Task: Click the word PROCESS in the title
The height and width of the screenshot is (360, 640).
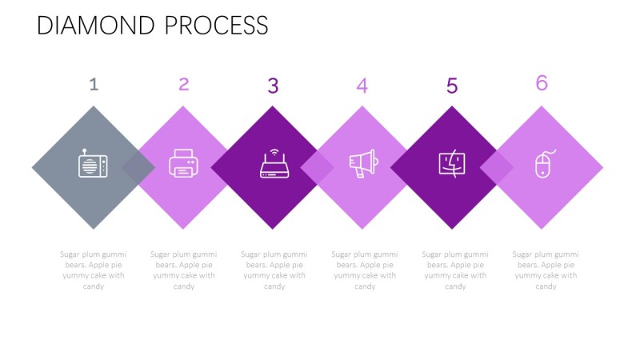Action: pos(216,26)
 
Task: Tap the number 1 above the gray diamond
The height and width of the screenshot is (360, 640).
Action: pos(94,84)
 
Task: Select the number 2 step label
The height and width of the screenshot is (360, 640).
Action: pos(184,84)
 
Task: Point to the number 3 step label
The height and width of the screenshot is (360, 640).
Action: pos(273,86)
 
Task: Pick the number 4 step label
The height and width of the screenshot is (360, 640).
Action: pos(362,86)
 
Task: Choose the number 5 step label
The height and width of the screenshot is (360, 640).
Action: pos(452,86)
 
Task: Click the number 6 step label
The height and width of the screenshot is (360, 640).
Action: pos(542,82)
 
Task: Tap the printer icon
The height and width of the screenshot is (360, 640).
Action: pos(182,164)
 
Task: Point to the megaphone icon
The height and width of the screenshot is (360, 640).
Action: pos(363,164)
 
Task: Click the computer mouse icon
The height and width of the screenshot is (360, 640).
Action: pos(542,164)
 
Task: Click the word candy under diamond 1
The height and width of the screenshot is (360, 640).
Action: pos(94,286)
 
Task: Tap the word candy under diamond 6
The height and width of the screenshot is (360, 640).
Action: pos(546,286)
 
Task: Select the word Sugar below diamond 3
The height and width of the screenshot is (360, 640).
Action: pos(253,254)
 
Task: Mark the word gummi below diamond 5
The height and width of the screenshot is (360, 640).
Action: pos(476,254)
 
